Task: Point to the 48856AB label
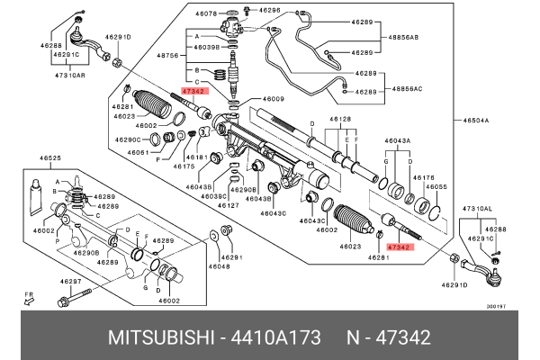[404, 39]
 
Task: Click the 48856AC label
[404, 89]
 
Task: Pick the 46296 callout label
[270, 11]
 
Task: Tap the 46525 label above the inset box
[50, 158]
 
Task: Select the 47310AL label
[478, 209]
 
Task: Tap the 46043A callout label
[398, 141]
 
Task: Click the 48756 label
[168, 56]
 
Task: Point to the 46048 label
[219, 267]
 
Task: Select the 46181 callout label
[200, 157]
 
